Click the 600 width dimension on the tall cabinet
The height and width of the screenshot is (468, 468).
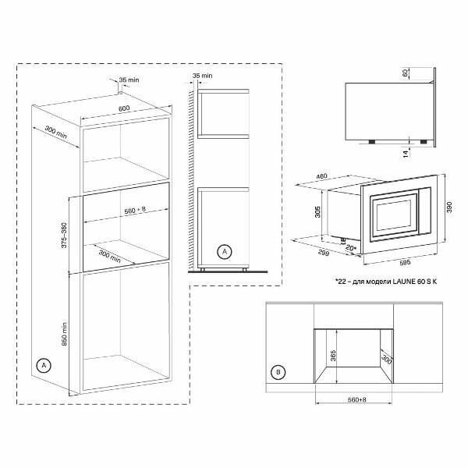pyautogui.click(x=124, y=108)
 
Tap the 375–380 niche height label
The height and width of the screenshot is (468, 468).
pyautogui.click(x=64, y=236)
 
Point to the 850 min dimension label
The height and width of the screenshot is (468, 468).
pyautogui.click(x=65, y=333)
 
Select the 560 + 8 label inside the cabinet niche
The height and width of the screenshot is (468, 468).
pyautogui.click(x=135, y=211)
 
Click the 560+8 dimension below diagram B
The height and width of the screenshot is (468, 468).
pyautogui.click(x=356, y=399)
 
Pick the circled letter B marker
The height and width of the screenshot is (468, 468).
pyautogui.click(x=278, y=372)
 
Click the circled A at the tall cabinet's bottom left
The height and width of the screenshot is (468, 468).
pyautogui.click(x=44, y=365)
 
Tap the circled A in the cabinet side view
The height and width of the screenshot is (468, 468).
pyautogui.click(x=225, y=252)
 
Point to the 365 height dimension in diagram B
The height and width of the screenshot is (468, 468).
pyautogui.click(x=333, y=356)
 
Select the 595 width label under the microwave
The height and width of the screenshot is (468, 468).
pyautogui.click(x=404, y=263)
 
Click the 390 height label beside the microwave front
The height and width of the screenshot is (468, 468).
pyautogui.click(x=449, y=207)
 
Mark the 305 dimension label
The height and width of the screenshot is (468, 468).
pyautogui.click(x=317, y=212)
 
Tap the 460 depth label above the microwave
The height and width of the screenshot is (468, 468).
pyautogui.click(x=321, y=176)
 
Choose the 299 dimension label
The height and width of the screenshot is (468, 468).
pyautogui.click(x=323, y=253)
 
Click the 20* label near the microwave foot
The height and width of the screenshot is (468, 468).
pyautogui.click(x=351, y=248)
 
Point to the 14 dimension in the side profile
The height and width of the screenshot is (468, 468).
pyautogui.click(x=406, y=154)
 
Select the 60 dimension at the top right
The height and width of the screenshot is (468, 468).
pyautogui.click(x=406, y=73)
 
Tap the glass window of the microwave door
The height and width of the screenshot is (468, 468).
pyautogui.click(x=393, y=215)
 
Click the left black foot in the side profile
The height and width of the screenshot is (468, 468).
pyautogui.click(x=371, y=141)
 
